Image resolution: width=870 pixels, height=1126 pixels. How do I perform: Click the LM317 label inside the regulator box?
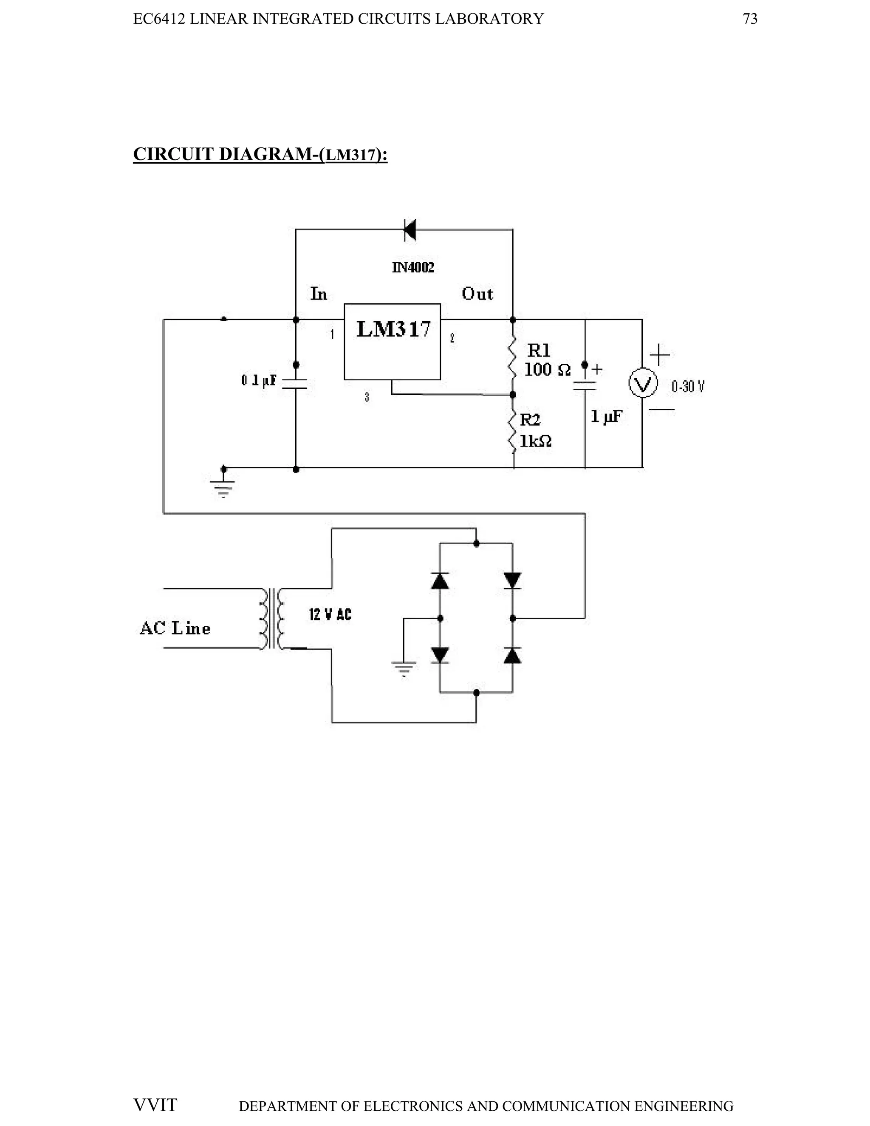tap(393, 329)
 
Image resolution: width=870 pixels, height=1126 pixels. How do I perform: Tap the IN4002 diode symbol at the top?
tap(410, 229)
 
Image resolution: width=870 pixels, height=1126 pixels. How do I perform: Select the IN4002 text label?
tap(413, 267)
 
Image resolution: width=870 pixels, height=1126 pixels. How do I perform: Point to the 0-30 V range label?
tap(688, 387)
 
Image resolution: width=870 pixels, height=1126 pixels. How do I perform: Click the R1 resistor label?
tap(539, 351)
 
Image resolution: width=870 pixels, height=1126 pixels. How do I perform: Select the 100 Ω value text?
tap(547, 369)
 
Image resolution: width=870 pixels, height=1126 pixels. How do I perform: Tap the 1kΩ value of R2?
tap(536, 441)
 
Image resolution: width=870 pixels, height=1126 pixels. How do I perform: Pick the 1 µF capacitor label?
tap(606, 416)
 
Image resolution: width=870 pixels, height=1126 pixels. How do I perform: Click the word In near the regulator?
tap(319, 294)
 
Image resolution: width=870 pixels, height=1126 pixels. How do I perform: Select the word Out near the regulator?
tap(477, 294)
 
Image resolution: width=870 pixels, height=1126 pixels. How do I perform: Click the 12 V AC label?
tap(330, 614)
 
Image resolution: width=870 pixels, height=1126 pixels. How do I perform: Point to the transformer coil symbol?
tap(271, 618)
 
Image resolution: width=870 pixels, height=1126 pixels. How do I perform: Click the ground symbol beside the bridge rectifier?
tap(404, 669)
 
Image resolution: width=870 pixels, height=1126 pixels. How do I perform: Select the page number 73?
tap(750, 19)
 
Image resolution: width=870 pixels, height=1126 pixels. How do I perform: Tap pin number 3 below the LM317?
tap(367, 398)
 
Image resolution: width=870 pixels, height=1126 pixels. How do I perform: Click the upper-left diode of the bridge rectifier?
tap(440, 580)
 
